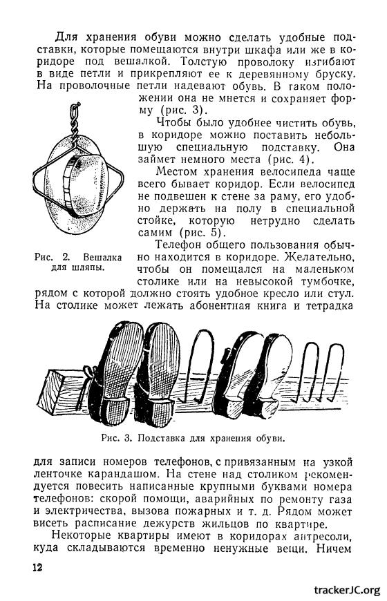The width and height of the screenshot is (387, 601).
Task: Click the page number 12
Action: [37, 567]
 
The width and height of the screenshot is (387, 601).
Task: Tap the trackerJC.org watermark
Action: [347, 589]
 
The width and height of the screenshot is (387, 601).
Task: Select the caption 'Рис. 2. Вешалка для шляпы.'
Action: [78, 262]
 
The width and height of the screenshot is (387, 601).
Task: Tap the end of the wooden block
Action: [54, 393]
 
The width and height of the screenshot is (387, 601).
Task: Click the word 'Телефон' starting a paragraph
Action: [180, 245]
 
